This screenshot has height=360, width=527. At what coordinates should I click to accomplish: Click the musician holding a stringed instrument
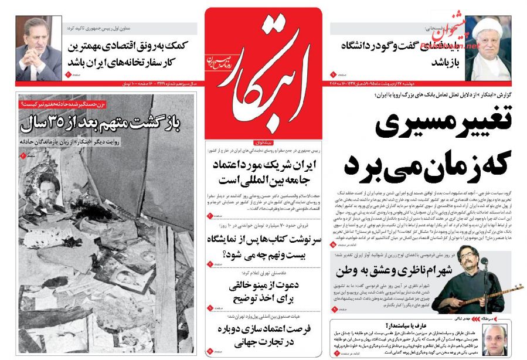coord(472,281)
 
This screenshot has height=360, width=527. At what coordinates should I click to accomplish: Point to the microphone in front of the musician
coord(485,263)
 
